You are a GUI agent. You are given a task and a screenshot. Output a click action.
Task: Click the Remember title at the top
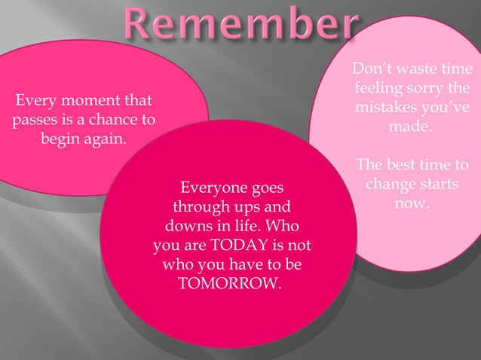click(240, 26)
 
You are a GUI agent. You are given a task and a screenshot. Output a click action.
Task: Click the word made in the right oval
click(410, 127)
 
